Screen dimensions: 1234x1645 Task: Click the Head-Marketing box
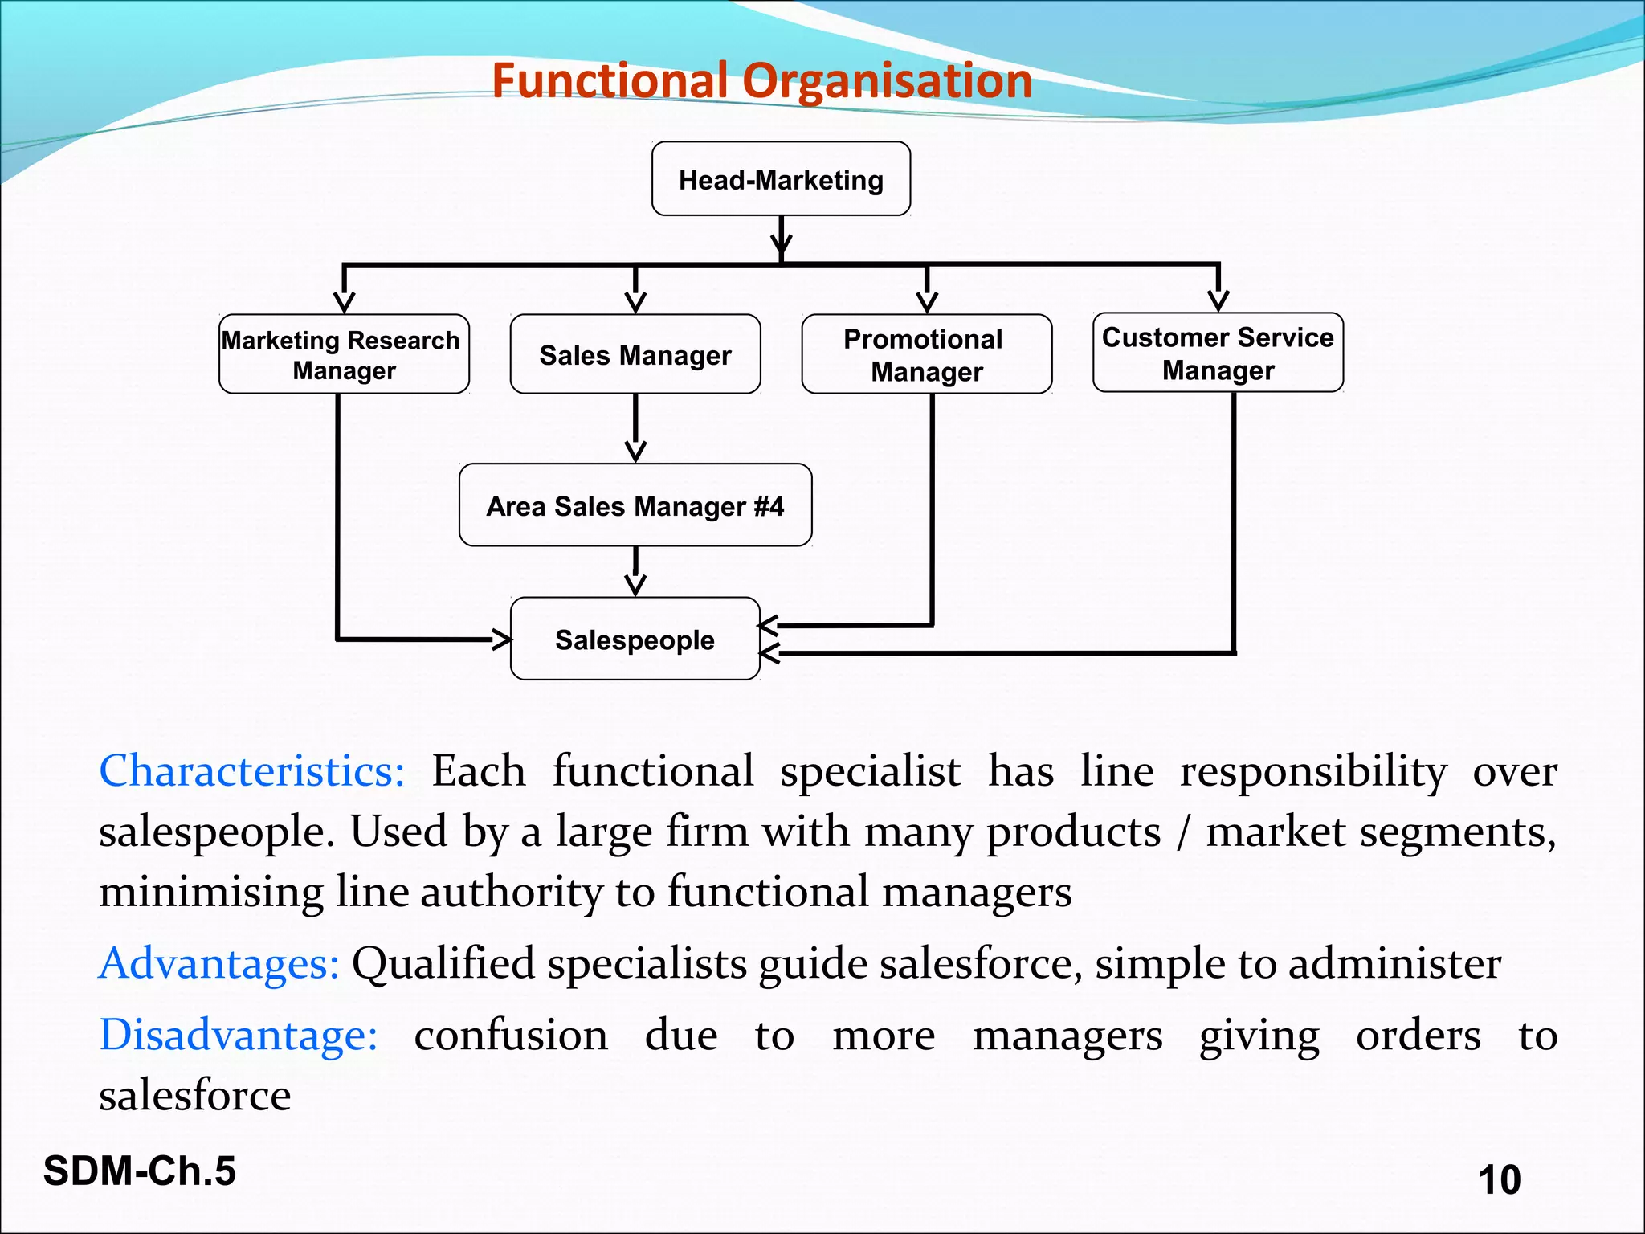point(781,179)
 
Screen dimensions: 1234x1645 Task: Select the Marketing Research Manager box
point(344,354)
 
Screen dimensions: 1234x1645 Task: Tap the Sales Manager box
point(635,354)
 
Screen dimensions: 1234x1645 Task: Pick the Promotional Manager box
point(927,354)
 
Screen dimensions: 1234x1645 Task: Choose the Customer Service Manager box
point(1218,353)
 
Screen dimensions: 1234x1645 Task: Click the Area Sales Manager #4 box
point(635,505)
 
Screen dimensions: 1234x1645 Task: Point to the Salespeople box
point(635,639)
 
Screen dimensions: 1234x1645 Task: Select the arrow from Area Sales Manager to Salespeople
point(635,571)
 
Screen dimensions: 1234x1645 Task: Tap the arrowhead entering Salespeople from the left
point(503,639)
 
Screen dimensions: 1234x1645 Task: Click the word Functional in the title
point(610,80)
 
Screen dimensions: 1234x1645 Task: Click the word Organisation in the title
point(887,80)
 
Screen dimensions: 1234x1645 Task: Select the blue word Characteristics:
point(251,771)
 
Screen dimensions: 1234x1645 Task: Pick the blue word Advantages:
point(219,962)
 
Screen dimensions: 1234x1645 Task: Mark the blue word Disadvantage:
point(239,1035)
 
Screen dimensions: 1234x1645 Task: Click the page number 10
point(1499,1179)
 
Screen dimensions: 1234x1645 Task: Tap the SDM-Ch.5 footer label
point(140,1171)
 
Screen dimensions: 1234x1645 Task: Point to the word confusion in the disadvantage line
point(511,1035)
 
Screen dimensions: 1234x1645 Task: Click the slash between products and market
point(1182,832)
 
